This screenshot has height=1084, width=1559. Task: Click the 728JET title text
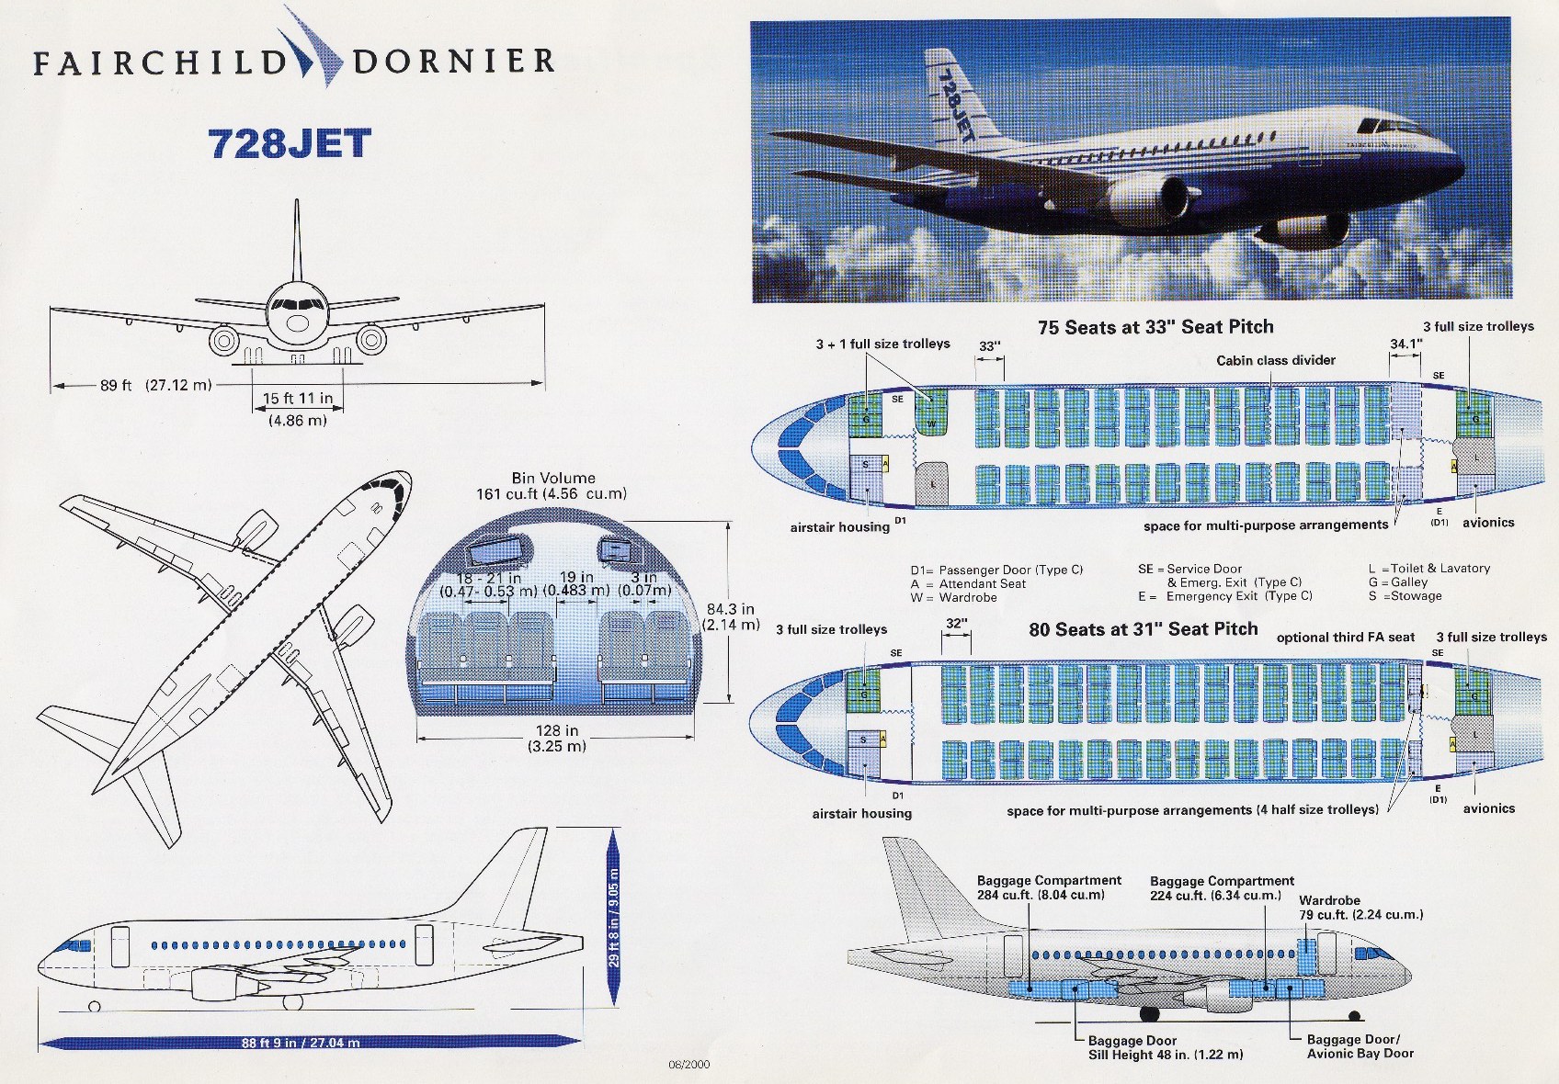[x=290, y=144]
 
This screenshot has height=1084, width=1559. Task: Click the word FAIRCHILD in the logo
[x=161, y=62]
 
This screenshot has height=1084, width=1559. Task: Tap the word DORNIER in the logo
[x=453, y=62]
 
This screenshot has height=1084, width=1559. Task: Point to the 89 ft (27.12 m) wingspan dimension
[x=155, y=385]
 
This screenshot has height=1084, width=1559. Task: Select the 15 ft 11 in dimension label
[x=298, y=399]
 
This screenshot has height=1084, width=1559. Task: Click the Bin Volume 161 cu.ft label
[x=553, y=486]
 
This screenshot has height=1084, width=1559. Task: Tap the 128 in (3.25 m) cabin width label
[x=557, y=739]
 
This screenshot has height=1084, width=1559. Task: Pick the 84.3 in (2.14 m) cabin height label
[x=731, y=616]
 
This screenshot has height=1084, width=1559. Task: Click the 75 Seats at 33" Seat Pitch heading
[x=1155, y=327]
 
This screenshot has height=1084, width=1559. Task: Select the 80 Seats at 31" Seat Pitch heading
[x=1143, y=629]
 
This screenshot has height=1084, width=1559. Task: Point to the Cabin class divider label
[x=1276, y=360]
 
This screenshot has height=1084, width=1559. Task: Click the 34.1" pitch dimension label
[x=1405, y=344]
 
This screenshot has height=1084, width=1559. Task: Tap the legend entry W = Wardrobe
[x=954, y=597]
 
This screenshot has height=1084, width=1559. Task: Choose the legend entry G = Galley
[x=1398, y=582]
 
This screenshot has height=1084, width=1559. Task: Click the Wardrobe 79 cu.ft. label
[x=1360, y=908]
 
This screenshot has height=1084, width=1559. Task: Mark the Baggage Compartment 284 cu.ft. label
[x=1049, y=887]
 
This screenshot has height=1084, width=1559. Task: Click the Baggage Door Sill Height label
[x=1165, y=1048]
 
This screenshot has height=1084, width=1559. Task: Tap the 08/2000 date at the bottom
[x=689, y=1065]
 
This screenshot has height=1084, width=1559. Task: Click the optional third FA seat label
[x=1346, y=637]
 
